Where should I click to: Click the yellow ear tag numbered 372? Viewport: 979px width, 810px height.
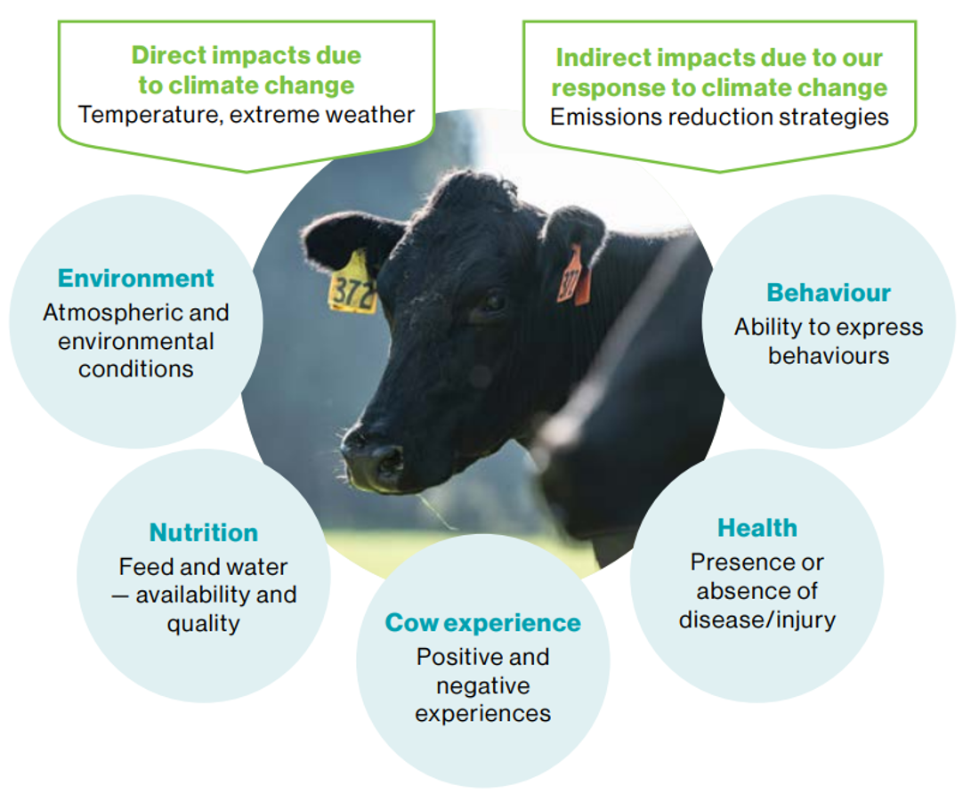(352, 286)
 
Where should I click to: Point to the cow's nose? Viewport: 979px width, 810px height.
(374, 458)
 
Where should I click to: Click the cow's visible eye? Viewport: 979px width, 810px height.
(490, 303)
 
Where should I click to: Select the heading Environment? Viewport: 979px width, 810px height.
(136, 278)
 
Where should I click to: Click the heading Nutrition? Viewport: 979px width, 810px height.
(204, 532)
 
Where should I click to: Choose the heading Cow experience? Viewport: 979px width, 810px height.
(482, 622)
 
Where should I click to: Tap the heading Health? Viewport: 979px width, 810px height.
(757, 528)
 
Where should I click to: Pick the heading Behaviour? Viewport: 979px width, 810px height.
(829, 293)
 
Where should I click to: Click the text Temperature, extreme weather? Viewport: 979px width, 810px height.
(246, 115)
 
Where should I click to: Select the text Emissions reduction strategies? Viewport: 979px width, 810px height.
(719, 117)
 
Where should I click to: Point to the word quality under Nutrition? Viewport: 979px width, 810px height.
(203, 623)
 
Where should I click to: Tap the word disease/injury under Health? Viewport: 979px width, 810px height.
(757, 620)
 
